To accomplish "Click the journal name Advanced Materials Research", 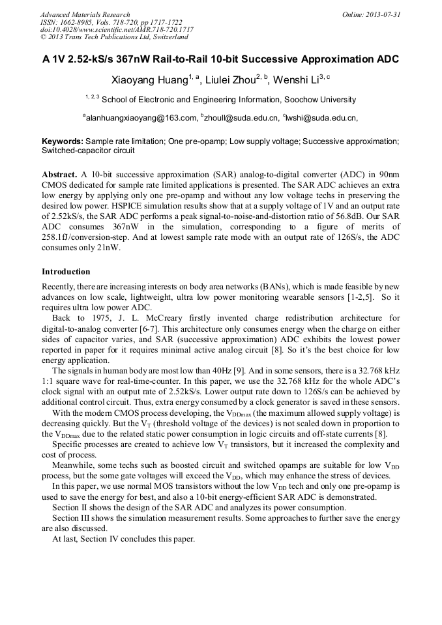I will pyautogui.click(x=85, y=14).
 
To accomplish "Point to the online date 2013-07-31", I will pyautogui.click(x=383, y=14).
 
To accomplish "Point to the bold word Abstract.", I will pyautogui.click(x=59, y=175).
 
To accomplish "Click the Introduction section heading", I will pyautogui.click(x=66, y=272).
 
